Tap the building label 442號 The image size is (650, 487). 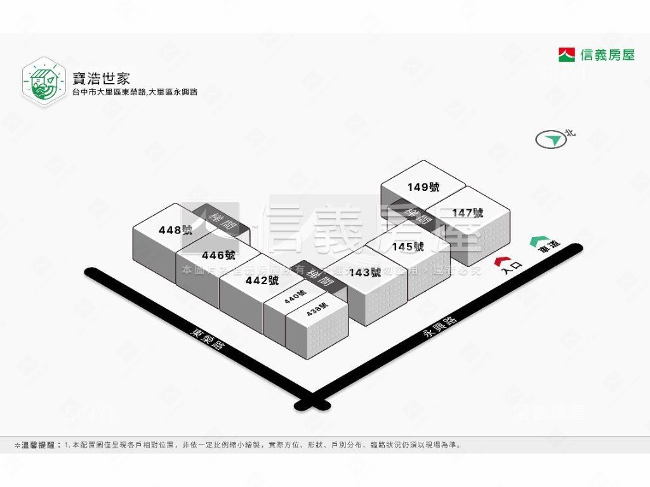pos(262,280)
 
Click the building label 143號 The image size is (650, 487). pos(366,273)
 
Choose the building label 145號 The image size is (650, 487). pos(408,247)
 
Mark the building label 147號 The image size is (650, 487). pos(468,213)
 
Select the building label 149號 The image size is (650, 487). pos(423,187)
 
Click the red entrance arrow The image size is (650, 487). pos(502,260)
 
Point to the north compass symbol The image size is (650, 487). pos(550,140)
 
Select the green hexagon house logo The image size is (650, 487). pos(44,82)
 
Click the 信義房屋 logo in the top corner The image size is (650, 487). pos(596,55)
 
